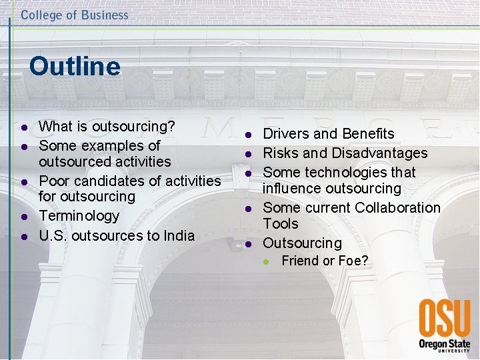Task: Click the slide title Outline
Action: coord(75,67)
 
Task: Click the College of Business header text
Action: coord(74,15)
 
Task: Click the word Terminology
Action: coord(79,216)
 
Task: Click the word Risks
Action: coord(280,153)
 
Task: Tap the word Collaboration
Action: coord(397,208)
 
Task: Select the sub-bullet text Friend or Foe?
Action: coord(325,261)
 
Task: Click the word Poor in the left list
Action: coord(53,181)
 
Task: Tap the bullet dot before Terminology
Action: coord(23,217)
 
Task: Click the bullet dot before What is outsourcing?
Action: coord(23,127)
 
